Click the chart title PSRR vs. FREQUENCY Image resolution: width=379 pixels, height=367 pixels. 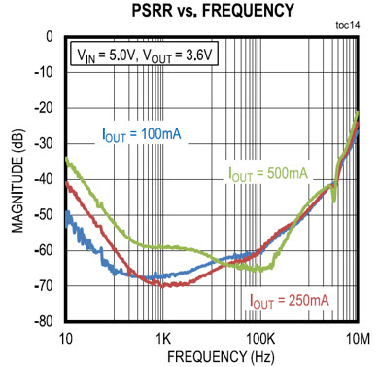click(x=212, y=11)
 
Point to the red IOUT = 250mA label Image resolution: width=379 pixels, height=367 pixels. click(x=290, y=298)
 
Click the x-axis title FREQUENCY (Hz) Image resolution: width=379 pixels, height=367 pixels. click(x=212, y=356)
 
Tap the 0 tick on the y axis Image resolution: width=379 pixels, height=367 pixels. click(x=50, y=37)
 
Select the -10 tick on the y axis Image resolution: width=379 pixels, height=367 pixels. click(x=44, y=73)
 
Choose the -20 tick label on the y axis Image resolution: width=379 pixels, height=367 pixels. click(x=44, y=108)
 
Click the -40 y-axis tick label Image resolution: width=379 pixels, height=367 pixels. click(x=44, y=179)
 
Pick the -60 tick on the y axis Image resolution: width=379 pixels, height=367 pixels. click(x=44, y=250)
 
